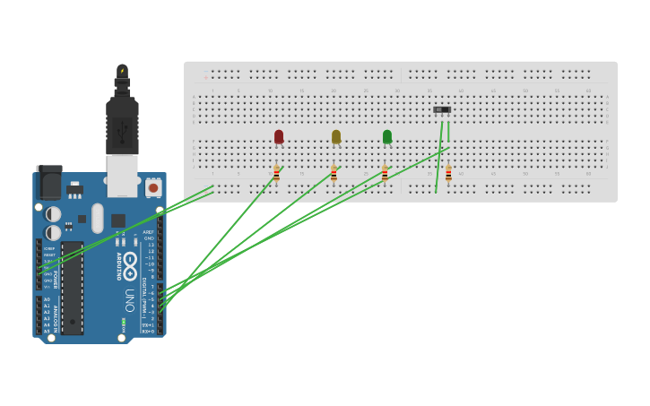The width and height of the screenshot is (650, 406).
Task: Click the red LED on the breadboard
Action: click(x=279, y=136)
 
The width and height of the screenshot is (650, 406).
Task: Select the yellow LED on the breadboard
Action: click(x=336, y=136)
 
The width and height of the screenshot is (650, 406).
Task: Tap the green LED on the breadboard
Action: click(x=387, y=136)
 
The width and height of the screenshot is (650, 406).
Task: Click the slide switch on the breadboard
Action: click(x=442, y=109)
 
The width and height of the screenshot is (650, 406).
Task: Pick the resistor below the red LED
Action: click(x=276, y=174)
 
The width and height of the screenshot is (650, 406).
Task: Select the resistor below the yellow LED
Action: click(x=334, y=174)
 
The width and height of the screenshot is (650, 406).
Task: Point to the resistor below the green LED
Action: click(x=385, y=174)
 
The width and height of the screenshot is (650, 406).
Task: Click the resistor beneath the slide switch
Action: click(x=448, y=174)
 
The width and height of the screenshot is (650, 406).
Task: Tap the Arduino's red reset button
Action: click(x=153, y=188)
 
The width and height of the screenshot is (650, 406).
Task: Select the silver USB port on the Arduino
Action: click(x=122, y=175)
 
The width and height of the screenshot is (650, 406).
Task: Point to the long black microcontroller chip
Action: click(x=73, y=287)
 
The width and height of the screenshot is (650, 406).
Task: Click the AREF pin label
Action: click(x=149, y=232)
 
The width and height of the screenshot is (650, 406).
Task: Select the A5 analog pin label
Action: click(x=47, y=331)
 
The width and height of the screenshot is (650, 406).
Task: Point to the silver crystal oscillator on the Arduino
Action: click(x=97, y=218)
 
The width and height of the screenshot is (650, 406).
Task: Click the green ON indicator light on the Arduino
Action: click(x=124, y=321)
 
